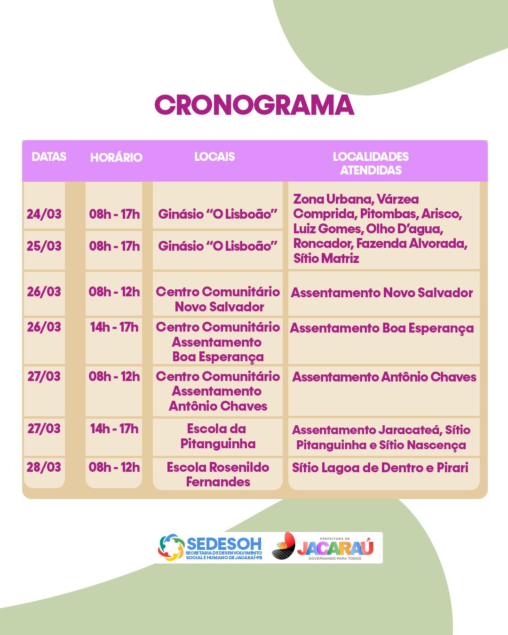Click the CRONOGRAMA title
click(x=254, y=105)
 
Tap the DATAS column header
click(x=49, y=157)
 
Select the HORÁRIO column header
click(x=116, y=157)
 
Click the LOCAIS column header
click(x=214, y=157)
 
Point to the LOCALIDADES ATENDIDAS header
click(x=371, y=163)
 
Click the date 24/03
click(x=44, y=214)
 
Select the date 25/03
click(x=44, y=246)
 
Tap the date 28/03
click(x=44, y=467)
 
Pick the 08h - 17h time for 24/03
click(x=114, y=214)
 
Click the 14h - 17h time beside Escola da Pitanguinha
click(x=114, y=429)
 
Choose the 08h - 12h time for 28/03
click(x=114, y=467)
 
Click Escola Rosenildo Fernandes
click(x=218, y=475)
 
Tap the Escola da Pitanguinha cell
click(x=218, y=436)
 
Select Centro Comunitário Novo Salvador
click(x=218, y=299)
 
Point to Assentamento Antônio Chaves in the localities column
click(x=384, y=377)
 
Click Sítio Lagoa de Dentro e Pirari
click(x=380, y=468)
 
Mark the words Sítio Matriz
click(x=326, y=258)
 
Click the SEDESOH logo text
click(x=224, y=544)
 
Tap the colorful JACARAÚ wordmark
click(x=335, y=548)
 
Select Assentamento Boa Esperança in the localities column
click(x=381, y=329)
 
